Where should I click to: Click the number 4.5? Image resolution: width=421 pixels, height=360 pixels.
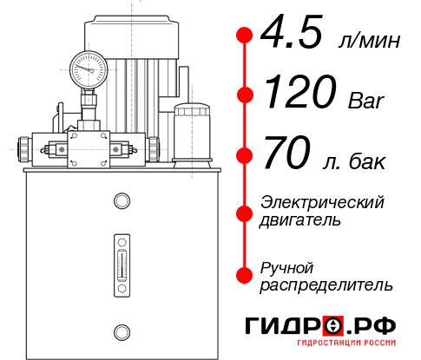tap(294, 34)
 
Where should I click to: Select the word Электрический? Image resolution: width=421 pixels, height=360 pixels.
tap(322, 202)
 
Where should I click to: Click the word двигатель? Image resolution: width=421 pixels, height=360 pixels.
tap(300, 220)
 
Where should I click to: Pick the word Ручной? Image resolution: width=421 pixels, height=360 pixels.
tap(286, 266)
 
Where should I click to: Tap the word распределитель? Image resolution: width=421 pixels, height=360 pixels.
tap(326, 285)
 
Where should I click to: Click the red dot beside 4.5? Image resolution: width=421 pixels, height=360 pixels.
tap(245, 35)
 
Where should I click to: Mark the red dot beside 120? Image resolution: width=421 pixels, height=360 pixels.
tap(245, 95)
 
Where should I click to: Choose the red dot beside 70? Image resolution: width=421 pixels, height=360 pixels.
tap(245, 156)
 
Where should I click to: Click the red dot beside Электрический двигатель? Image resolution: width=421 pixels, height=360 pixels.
tap(245, 212)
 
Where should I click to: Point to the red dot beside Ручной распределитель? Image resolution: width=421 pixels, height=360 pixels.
tap(245, 274)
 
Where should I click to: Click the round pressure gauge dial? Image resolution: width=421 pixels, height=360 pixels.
tap(89, 65)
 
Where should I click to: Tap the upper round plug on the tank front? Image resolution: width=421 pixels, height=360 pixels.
tap(121, 202)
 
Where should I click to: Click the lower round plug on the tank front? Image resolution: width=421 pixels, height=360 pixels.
tap(121, 331)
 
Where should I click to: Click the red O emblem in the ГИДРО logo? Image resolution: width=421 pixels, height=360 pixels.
tap(332, 326)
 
